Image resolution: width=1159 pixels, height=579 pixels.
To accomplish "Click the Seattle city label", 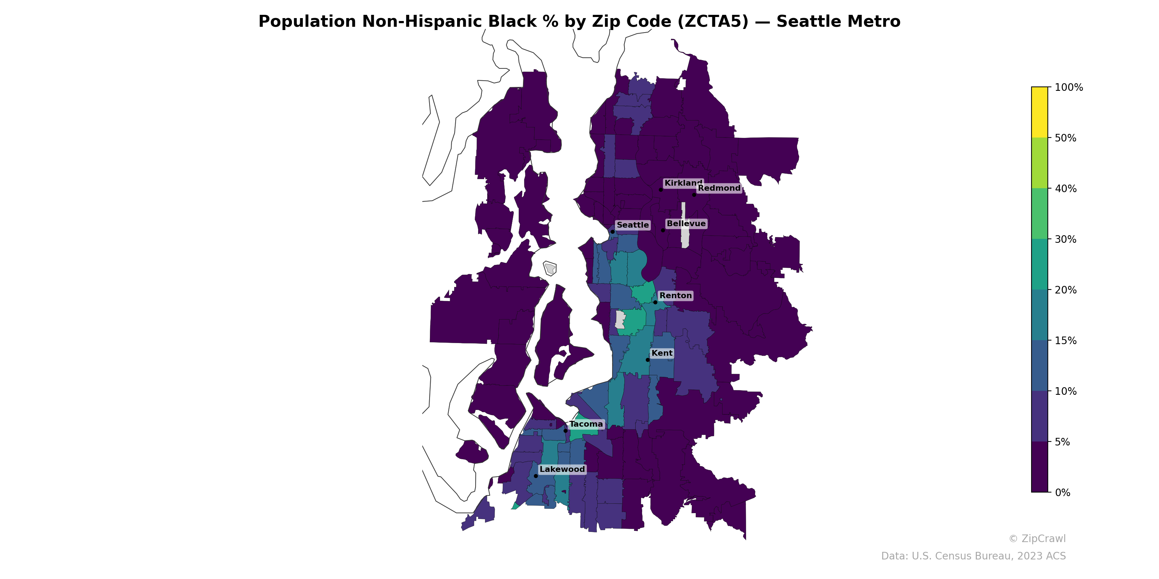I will coord(633,225).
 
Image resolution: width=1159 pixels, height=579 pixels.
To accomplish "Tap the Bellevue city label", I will coord(686,224).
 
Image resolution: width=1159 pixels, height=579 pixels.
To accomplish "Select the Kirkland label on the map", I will coord(683,183).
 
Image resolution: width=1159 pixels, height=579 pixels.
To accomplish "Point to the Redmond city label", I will coord(719,188).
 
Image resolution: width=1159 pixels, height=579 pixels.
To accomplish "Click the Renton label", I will coord(675,296).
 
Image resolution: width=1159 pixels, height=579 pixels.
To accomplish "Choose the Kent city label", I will coord(662,353).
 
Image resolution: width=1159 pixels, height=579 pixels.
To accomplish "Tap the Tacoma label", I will coord(586,424).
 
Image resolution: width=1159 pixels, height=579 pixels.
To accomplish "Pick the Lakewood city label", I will coord(562,469).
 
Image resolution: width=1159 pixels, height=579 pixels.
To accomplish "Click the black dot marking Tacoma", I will coord(565,431).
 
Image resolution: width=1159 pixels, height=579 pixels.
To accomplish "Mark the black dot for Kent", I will coord(648,360).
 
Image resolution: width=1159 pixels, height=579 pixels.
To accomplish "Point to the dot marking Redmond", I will coord(694,195).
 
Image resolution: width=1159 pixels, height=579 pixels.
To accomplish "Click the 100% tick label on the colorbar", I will coord(1068,88).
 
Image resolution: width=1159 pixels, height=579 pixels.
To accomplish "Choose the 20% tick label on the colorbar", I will coord(1066,290).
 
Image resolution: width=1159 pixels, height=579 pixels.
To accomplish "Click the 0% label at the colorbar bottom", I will coord(1062,493).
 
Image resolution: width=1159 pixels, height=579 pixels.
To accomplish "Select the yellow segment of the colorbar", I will coord(1039,113).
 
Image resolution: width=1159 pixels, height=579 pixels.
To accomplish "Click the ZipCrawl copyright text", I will coord(1037,539).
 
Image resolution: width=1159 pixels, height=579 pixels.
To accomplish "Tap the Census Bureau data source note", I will coord(973,556).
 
